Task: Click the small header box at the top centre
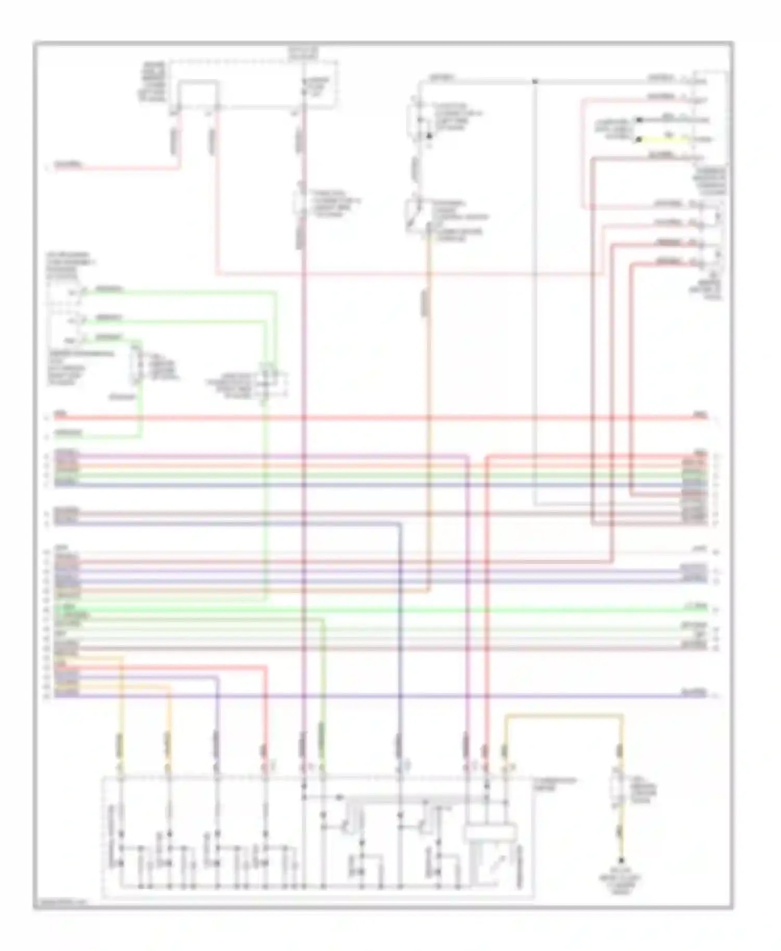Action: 304,52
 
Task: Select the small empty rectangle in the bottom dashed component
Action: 491,832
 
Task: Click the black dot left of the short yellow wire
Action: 638,139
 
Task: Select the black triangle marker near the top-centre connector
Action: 430,136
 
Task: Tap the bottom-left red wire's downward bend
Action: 266,668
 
